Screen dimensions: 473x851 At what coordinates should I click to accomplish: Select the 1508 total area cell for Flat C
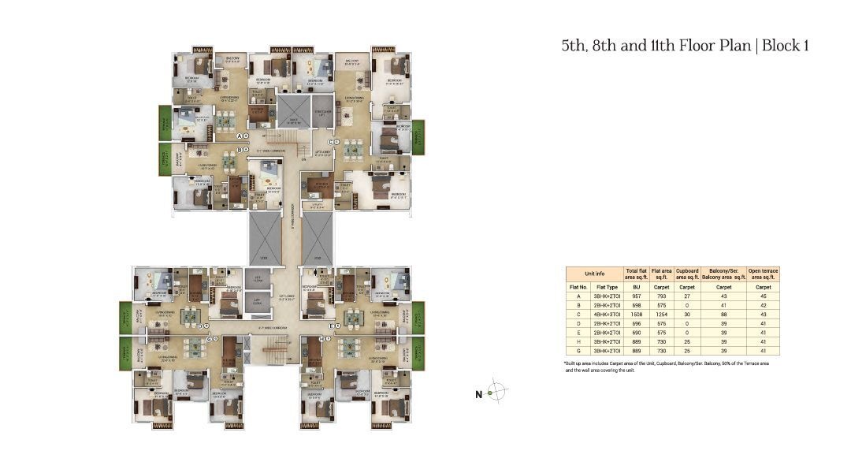click(x=635, y=313)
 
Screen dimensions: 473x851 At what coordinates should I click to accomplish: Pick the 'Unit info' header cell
click(x=594, y=274)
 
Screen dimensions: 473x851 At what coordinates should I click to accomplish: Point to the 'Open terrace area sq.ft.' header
click(x=763, y=274)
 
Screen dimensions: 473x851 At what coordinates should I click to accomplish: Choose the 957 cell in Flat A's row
click(x=635, y=296)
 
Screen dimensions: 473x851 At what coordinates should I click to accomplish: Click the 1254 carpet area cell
click(x=661, y=313)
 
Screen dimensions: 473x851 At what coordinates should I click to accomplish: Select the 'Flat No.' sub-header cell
click(x=578, y=287)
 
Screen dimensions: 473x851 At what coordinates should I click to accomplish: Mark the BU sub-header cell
click(x=635, y=287)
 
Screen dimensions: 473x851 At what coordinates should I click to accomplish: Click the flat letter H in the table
click(x=578, y=341)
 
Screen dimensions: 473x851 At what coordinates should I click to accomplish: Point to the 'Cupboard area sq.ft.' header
click(x=688, y=274)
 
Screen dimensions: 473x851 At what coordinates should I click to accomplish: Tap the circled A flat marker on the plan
click(x=240, y=136)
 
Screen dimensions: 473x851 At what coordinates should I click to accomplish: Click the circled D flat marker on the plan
click(x=202, y=325)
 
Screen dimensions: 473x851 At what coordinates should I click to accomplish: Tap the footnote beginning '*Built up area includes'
click(x=667, y=365)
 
